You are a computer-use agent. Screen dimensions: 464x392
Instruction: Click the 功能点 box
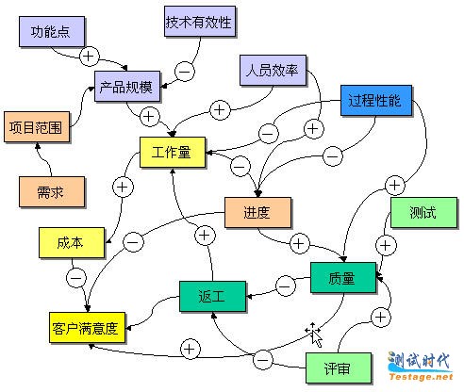(52, 32)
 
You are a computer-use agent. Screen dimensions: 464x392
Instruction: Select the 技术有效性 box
(200, 22)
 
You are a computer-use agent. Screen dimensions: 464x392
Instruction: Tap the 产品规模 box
(127, 87)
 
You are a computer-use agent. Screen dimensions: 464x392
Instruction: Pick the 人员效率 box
(273, 70)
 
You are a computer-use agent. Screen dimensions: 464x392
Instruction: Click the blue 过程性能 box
(376, 100)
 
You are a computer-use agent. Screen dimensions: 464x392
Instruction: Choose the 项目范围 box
(37, 127)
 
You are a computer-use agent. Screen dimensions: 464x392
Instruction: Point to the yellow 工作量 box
(173, 152)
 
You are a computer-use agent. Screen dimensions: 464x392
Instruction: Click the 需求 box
(52, 191)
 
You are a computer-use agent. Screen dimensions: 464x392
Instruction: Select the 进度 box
(257, 212)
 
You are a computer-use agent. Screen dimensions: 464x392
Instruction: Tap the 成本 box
(72, 243)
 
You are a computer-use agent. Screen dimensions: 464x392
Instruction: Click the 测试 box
(423, 212)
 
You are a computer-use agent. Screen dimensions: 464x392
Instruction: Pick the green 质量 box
(343, 278)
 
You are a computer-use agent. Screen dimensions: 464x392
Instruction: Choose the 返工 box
(212, 296)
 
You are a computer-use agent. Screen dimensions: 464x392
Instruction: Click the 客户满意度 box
(87, 328)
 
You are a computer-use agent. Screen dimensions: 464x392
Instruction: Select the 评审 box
(339, 368)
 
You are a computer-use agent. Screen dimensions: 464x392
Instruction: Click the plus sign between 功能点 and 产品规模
(90, 57)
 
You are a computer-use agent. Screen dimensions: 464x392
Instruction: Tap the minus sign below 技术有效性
(185, 72)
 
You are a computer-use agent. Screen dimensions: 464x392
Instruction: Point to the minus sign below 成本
(76, 278)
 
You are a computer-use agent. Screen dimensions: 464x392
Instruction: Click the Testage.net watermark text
(421, 376)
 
